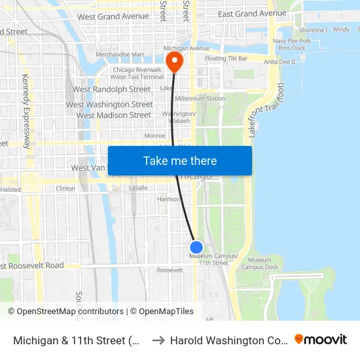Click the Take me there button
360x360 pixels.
pyautogui.click(x=179, y=161)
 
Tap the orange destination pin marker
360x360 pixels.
pyautogui.click(x=175, y=62)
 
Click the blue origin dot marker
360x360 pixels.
pyautogui.click(x=196, y=247)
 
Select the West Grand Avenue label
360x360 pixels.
pyautogui.click(x=113, y=16)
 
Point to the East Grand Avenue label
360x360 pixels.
pyautogui.click(x=252, y=14)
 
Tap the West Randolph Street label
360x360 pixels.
pyautogui.click(x=111, y=89)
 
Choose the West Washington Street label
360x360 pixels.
pyautogui.click(x=109, y=105)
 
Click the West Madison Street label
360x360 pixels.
pyautogui.click(x=114, y=115)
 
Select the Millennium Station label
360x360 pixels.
pyautogui.click(x=200, y=99)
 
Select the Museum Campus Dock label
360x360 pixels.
pyautogui.click(x=260, y=264)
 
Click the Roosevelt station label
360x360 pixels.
pyautogui.click(x=170, y=270)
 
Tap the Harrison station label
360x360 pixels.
pyautogui.click(x=169, y=199)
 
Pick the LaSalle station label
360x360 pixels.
pyautogui.click(x=139, y=188)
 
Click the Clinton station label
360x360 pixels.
pyautogui.click(x=65, y=189)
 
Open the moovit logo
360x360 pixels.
pyautogui.click(x=320, y=340)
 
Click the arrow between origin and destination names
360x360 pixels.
pyautogui.click(x=157, y=340)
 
